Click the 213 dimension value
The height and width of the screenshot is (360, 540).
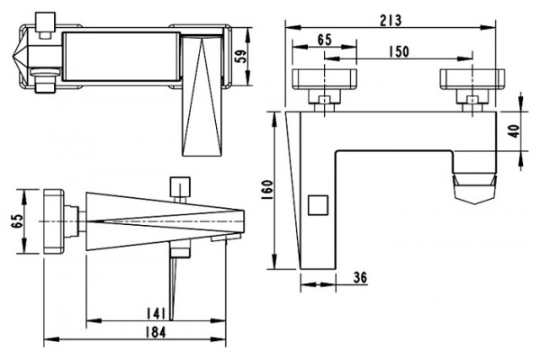[x=391, y=21]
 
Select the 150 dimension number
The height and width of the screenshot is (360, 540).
[x=399, y=51]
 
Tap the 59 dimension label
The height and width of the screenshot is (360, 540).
[x=240, y=57]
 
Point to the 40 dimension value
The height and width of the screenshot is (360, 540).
[x=514, y=131]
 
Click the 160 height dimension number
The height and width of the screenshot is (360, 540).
[x=267, y=191]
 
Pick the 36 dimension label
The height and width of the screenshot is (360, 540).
[x=360, y=277]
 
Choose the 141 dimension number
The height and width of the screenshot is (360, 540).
[x=156, y=313]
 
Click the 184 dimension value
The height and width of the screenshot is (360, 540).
[x=156, y=332]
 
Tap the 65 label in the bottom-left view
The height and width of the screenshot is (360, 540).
[x=17, y=220]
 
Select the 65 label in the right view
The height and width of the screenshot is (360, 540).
[x=324, y=40]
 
